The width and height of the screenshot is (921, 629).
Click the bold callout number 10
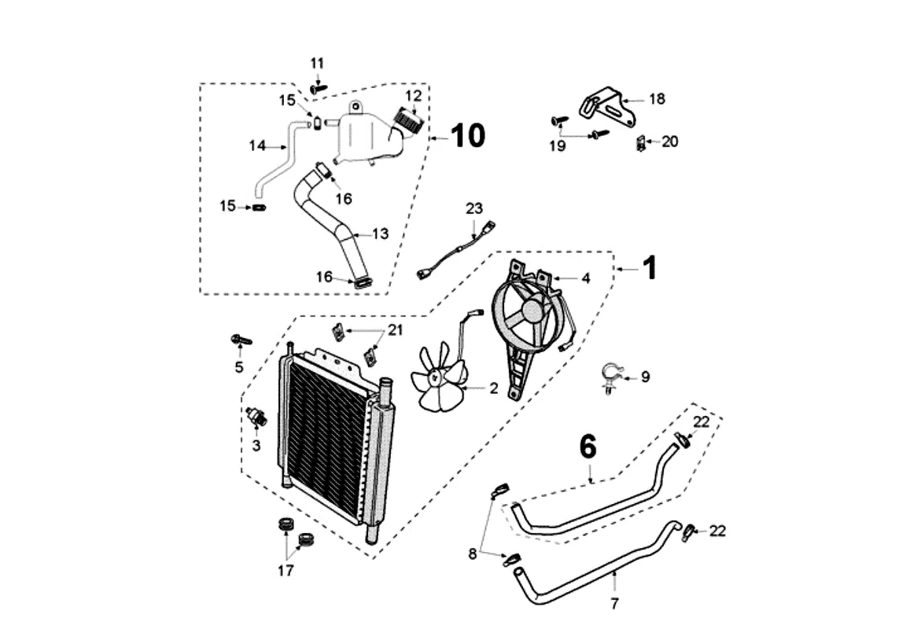pos(468,136)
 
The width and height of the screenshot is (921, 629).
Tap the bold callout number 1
pos(649,268)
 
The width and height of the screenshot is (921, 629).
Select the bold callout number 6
pos(588,447)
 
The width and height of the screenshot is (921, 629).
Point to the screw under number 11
pos(318,89)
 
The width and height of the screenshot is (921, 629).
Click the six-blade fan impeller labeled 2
pos(440,377)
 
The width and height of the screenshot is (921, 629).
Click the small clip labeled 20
pos(641,143)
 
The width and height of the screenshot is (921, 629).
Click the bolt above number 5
pos(241,340)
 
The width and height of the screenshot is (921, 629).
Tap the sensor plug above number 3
pos(256,416)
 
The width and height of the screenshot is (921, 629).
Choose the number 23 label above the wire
pos(474,208)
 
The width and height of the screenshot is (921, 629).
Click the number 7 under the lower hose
pos(614,603)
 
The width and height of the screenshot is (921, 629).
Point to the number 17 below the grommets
pos(286,570)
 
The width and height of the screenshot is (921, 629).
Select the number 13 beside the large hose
pos(381,234)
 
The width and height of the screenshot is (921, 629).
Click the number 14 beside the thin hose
pos(257,145)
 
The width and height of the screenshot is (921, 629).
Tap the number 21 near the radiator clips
pos(396,330)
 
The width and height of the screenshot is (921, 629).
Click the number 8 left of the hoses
pos(472,554)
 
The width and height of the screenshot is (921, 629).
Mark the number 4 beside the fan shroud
pos(586,278)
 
